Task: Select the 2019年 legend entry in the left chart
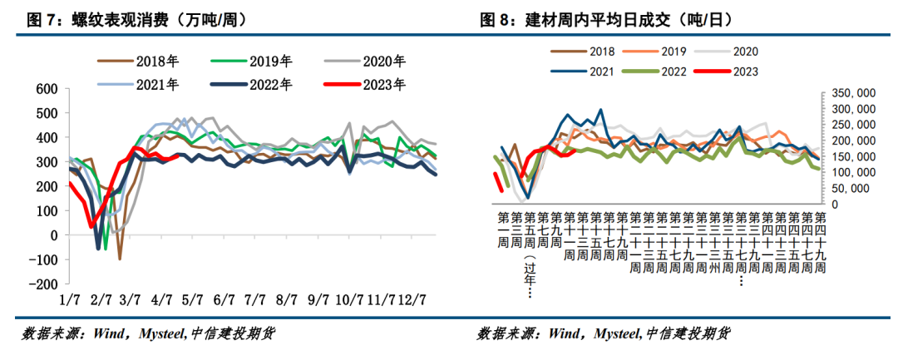[x=268, y=61]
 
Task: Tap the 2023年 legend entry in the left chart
[x=382, y=84]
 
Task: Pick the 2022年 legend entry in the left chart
[x=268, y=84]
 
